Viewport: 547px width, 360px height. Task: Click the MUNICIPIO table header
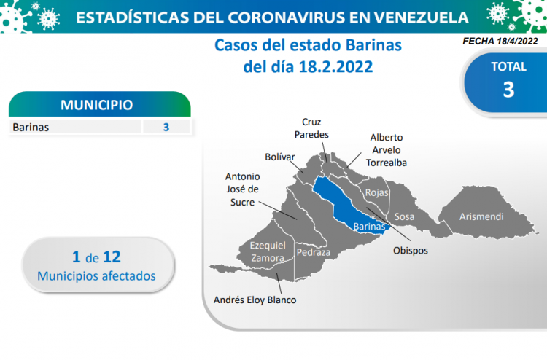(96, 104)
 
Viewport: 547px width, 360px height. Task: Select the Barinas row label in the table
(31, 128)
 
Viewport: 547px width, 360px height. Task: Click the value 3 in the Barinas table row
(166, 128)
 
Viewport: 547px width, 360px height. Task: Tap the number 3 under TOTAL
(508, 90)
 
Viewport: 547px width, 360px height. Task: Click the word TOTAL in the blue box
(508, 66)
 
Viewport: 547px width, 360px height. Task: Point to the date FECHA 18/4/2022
(500, 41)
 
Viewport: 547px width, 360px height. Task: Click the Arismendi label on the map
(481, 216)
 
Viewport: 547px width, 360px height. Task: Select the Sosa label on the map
(404, 216)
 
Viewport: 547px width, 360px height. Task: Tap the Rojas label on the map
(377, 192)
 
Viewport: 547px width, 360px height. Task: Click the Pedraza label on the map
(314, 252)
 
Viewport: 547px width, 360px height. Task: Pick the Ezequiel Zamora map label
(268, 251)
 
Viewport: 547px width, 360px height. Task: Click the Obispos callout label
(410, 251)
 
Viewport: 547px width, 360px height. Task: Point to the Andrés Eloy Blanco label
(255, 300)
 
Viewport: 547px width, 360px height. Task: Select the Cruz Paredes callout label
(311, 128)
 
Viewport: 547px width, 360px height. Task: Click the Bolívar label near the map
(280, 157)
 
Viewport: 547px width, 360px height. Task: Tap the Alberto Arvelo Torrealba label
(386, 150)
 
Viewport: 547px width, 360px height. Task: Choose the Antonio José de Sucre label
(242, 189)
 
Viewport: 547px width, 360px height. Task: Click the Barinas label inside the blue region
(369, 227)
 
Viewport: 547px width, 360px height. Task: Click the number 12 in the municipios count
(112, 257)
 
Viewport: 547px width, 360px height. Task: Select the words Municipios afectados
(96, 276)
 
